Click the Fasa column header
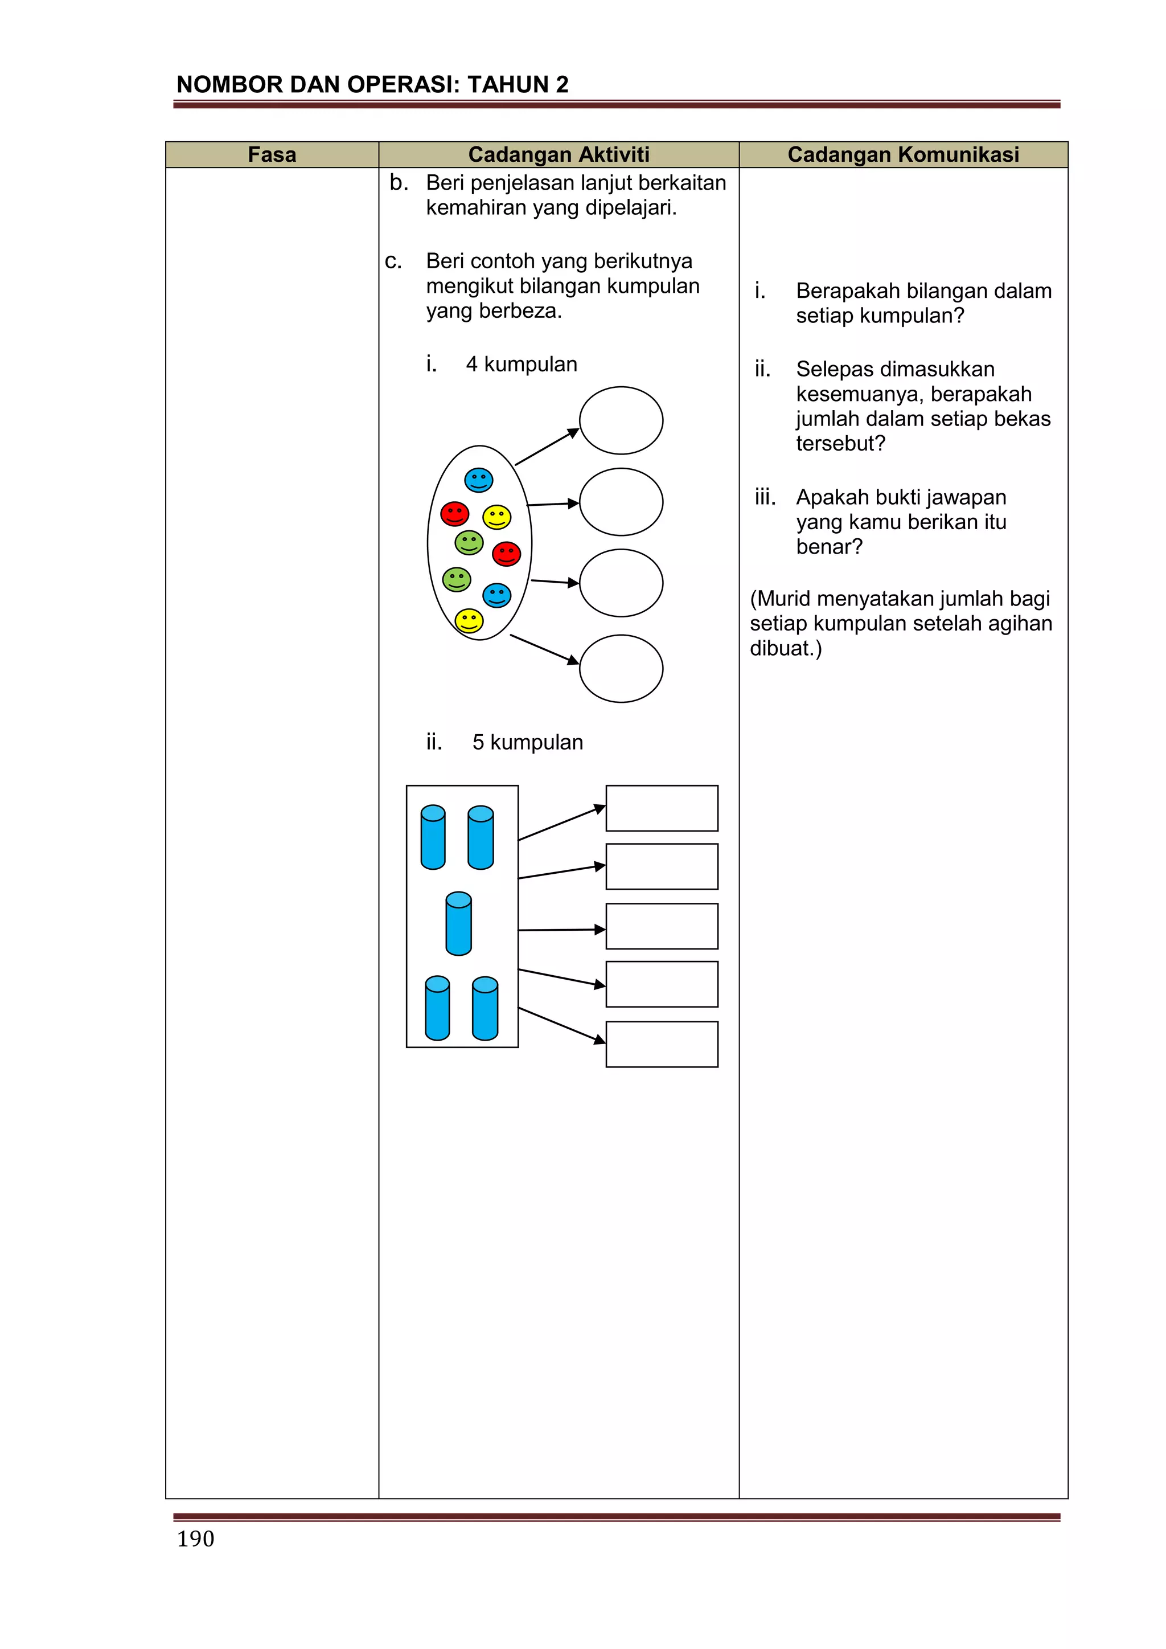click(272, 154)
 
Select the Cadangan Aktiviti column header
click(559, 154)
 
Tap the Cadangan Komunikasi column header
click(903, 154)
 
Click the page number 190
click(195, 1538)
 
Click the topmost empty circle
click(621, 420)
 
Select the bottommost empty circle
click(621, 668)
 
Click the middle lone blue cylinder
click(459, 924)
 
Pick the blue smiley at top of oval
click(479, 480)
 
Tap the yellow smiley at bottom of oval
click(469, 620)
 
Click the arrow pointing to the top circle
click(547, 447)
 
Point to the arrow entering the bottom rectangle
click(561, 1025)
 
